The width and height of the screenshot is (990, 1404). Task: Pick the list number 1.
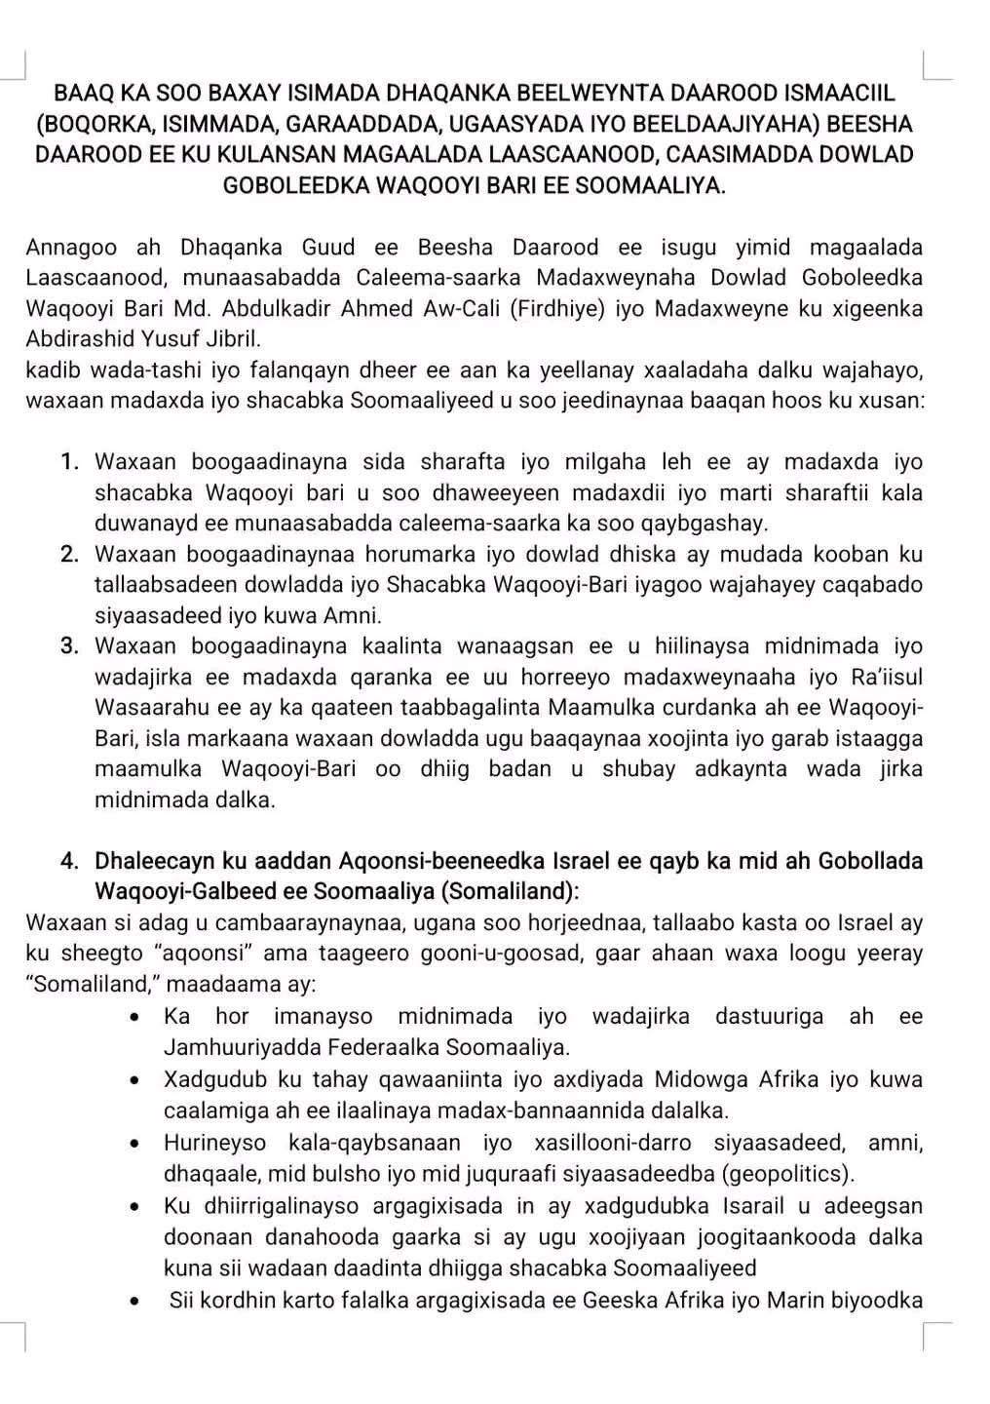point(70,462)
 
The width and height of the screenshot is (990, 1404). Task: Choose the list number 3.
point(70,646)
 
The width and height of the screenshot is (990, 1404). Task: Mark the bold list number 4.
point(70,862)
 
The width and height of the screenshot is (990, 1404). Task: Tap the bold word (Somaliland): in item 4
point(511,892)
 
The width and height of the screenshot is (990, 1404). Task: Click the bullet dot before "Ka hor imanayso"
point(137,1018)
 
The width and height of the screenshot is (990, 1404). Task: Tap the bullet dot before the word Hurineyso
point(137,1144)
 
